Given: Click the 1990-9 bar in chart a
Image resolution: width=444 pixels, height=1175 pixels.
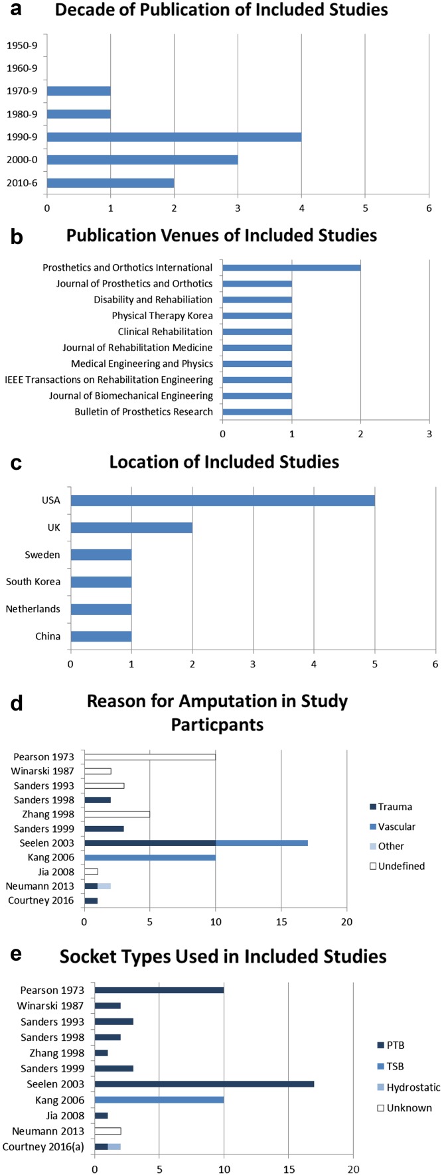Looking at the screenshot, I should coord(174,137).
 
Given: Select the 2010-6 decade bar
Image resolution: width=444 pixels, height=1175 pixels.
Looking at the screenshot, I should coord(110,183).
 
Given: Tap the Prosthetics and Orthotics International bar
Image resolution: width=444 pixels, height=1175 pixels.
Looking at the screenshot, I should coord(291,267).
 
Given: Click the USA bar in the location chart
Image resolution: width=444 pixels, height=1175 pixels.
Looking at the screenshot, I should coord(222,500).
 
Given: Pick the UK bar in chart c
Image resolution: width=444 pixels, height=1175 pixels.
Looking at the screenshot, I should coord(131,527).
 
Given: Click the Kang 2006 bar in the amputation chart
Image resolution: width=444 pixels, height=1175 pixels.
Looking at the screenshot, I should coord(150,857).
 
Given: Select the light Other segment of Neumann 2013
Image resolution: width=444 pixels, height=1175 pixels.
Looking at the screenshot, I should coord(104,886).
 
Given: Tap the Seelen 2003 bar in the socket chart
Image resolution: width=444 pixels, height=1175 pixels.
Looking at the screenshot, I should coord(204,1084).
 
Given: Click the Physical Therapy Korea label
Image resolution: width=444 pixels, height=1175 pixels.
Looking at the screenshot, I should coord(162,316).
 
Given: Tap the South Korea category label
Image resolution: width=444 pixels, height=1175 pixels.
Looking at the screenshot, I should coord(33,582).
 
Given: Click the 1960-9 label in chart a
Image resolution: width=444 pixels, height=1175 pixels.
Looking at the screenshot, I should coord(22,68).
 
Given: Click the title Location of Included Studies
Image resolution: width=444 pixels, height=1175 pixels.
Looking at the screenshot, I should coord(224,462).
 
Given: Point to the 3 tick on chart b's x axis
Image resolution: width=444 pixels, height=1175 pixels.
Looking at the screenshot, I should coord(429,433).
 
